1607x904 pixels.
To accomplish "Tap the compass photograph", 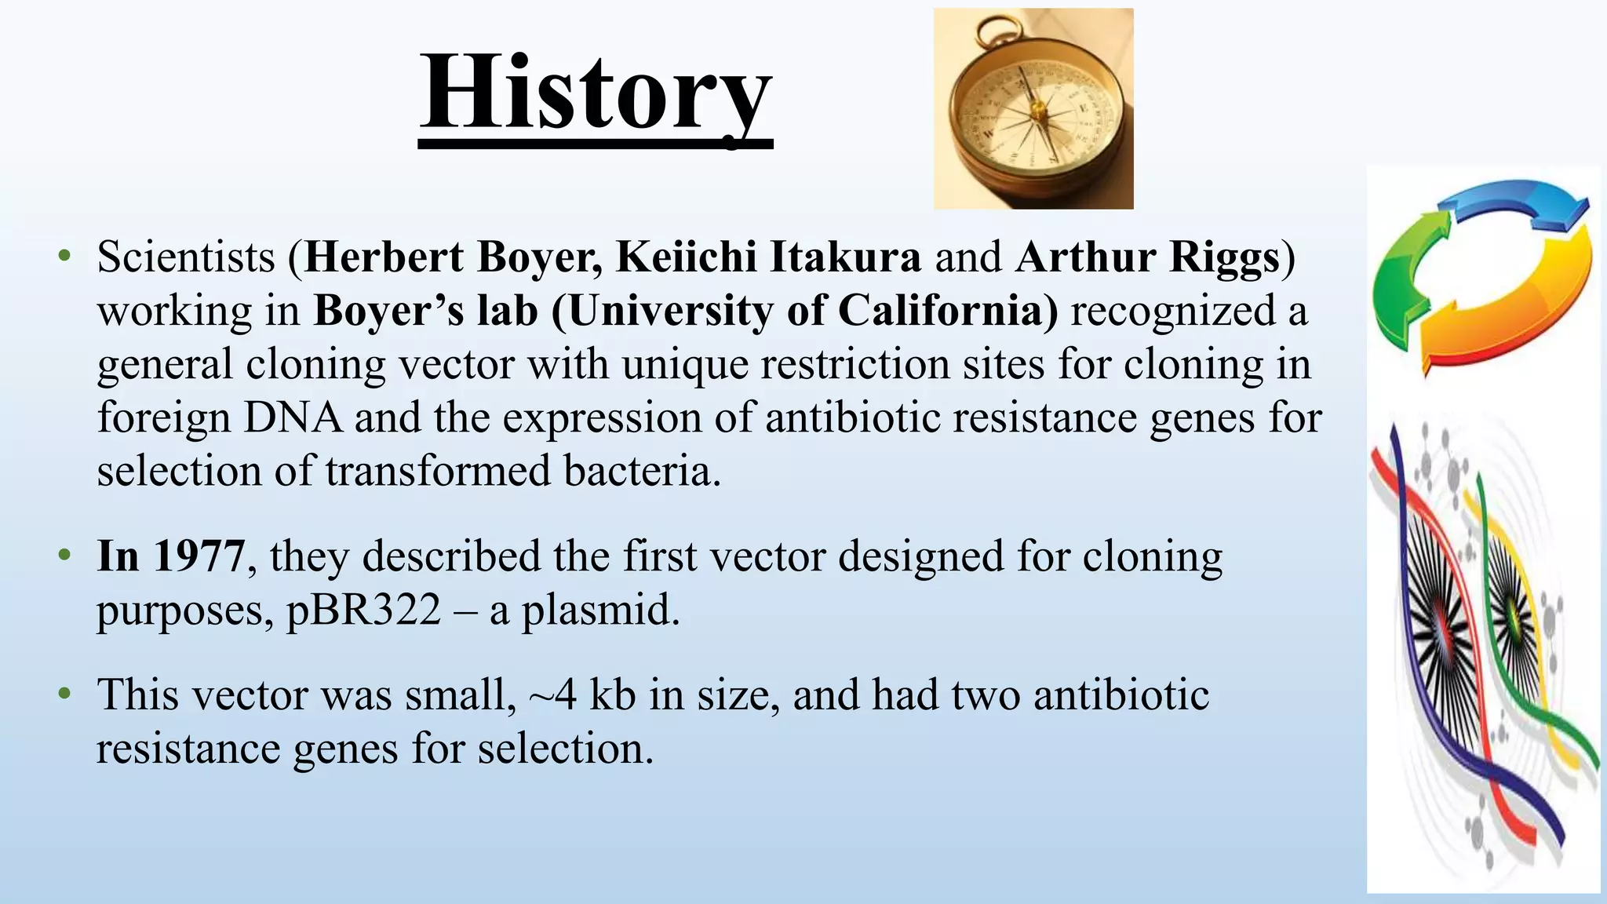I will tap(1033, 109).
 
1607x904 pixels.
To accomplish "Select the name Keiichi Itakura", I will tap(768, 257).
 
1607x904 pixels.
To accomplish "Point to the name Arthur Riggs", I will tap(1147, 257).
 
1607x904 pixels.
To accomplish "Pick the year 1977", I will tap(199, 556).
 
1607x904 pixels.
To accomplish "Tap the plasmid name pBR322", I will tap(364, 610).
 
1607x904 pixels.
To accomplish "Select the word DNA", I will tap(293, 417).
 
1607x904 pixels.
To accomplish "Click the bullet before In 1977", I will tap(64, 556).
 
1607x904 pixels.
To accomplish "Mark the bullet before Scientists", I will tap(64, 257).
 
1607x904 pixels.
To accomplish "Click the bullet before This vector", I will tap(64, 695).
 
